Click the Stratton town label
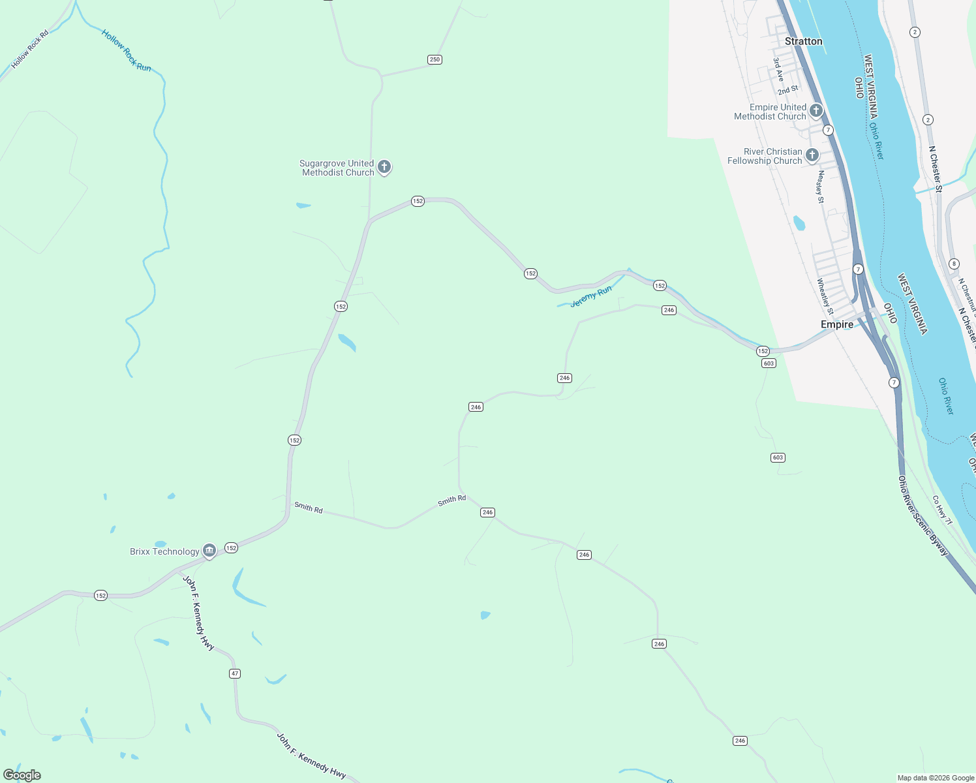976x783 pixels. point(803,41)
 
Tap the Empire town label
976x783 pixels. point(836,324)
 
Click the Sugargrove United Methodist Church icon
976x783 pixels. point(384,167)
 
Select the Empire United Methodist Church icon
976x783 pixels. point(816,111)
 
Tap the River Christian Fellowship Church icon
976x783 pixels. point(812,155)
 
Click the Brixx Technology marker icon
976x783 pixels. point(209,551)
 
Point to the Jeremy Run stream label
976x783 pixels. point(590,296)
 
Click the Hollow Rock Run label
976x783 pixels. point(126,50)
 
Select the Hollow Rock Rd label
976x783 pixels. point(30,49)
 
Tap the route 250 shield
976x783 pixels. point(435,59)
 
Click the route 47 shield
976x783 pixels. point(235,673)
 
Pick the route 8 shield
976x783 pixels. point(954,264)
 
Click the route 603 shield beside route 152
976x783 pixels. point(769,363)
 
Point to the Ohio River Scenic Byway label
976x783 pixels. point(923,515)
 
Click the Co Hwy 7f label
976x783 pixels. point(941,510)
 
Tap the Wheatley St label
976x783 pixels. point(825,296)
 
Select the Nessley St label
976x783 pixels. point(820,187)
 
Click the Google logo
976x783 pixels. point(22,775)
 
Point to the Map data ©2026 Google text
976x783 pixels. point(935,777)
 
